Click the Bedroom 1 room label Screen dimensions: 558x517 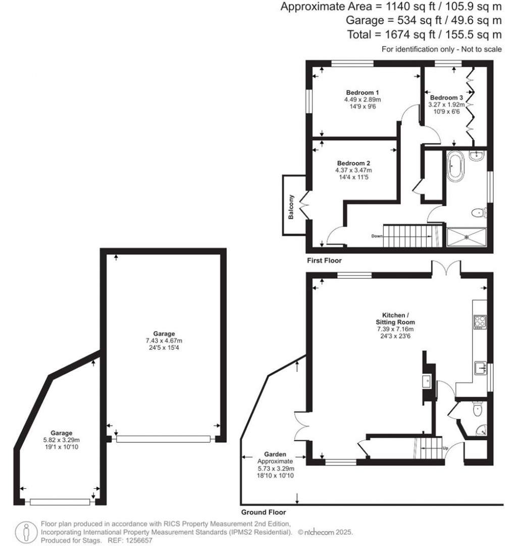(x=363, y=92)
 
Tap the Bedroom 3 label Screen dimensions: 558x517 (x=446, y=98)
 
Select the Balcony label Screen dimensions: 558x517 (x=291, y=207)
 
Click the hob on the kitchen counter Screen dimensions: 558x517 (x=480, y=321)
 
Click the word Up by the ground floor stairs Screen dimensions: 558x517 (x=445, y=448)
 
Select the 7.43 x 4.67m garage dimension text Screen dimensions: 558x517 (x=161, y=340)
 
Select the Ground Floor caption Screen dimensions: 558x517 (x=263, y=512)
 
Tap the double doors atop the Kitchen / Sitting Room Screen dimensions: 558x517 (x=446, y=267)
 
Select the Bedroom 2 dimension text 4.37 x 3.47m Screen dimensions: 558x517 (x=354, y=170)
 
